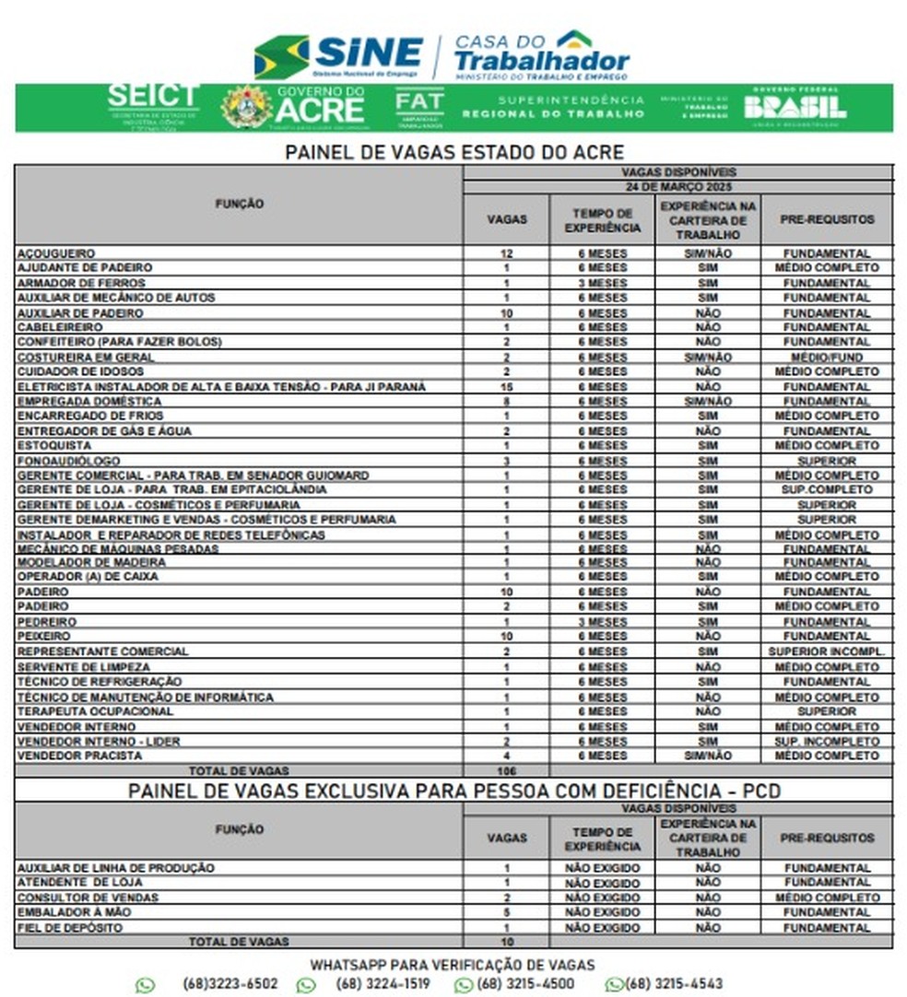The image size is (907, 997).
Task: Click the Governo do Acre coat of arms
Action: (x=246, y=107)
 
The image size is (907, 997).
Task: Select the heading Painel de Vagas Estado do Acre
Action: (x=454, y=152)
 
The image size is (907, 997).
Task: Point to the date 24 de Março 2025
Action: (x=677, y=186)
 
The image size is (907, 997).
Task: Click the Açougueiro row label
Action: (x=56, y=252)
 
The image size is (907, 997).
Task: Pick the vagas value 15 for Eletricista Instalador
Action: (x=506, y=387)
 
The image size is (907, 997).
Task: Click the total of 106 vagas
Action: (x=506, y=771)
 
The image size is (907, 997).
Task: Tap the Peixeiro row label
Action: (x=43, y=637)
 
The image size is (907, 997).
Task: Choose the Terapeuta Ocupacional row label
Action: (x=95, y=711)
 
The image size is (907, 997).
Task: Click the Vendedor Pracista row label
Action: (x=80, y=756)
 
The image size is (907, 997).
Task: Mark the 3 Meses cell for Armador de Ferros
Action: (x=603, y=283)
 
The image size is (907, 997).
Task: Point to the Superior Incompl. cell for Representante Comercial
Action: (x=827, y=651)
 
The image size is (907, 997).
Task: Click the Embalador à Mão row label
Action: (x=70, y=912)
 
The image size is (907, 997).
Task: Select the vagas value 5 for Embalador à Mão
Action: (x=506, y=912)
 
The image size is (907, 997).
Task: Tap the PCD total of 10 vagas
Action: (x=506, y=942)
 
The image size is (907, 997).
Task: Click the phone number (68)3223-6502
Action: (x=230, y=984)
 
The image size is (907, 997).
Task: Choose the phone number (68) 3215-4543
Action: (x=674, y=984)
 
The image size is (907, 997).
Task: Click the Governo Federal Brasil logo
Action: (x=795, y=107)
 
